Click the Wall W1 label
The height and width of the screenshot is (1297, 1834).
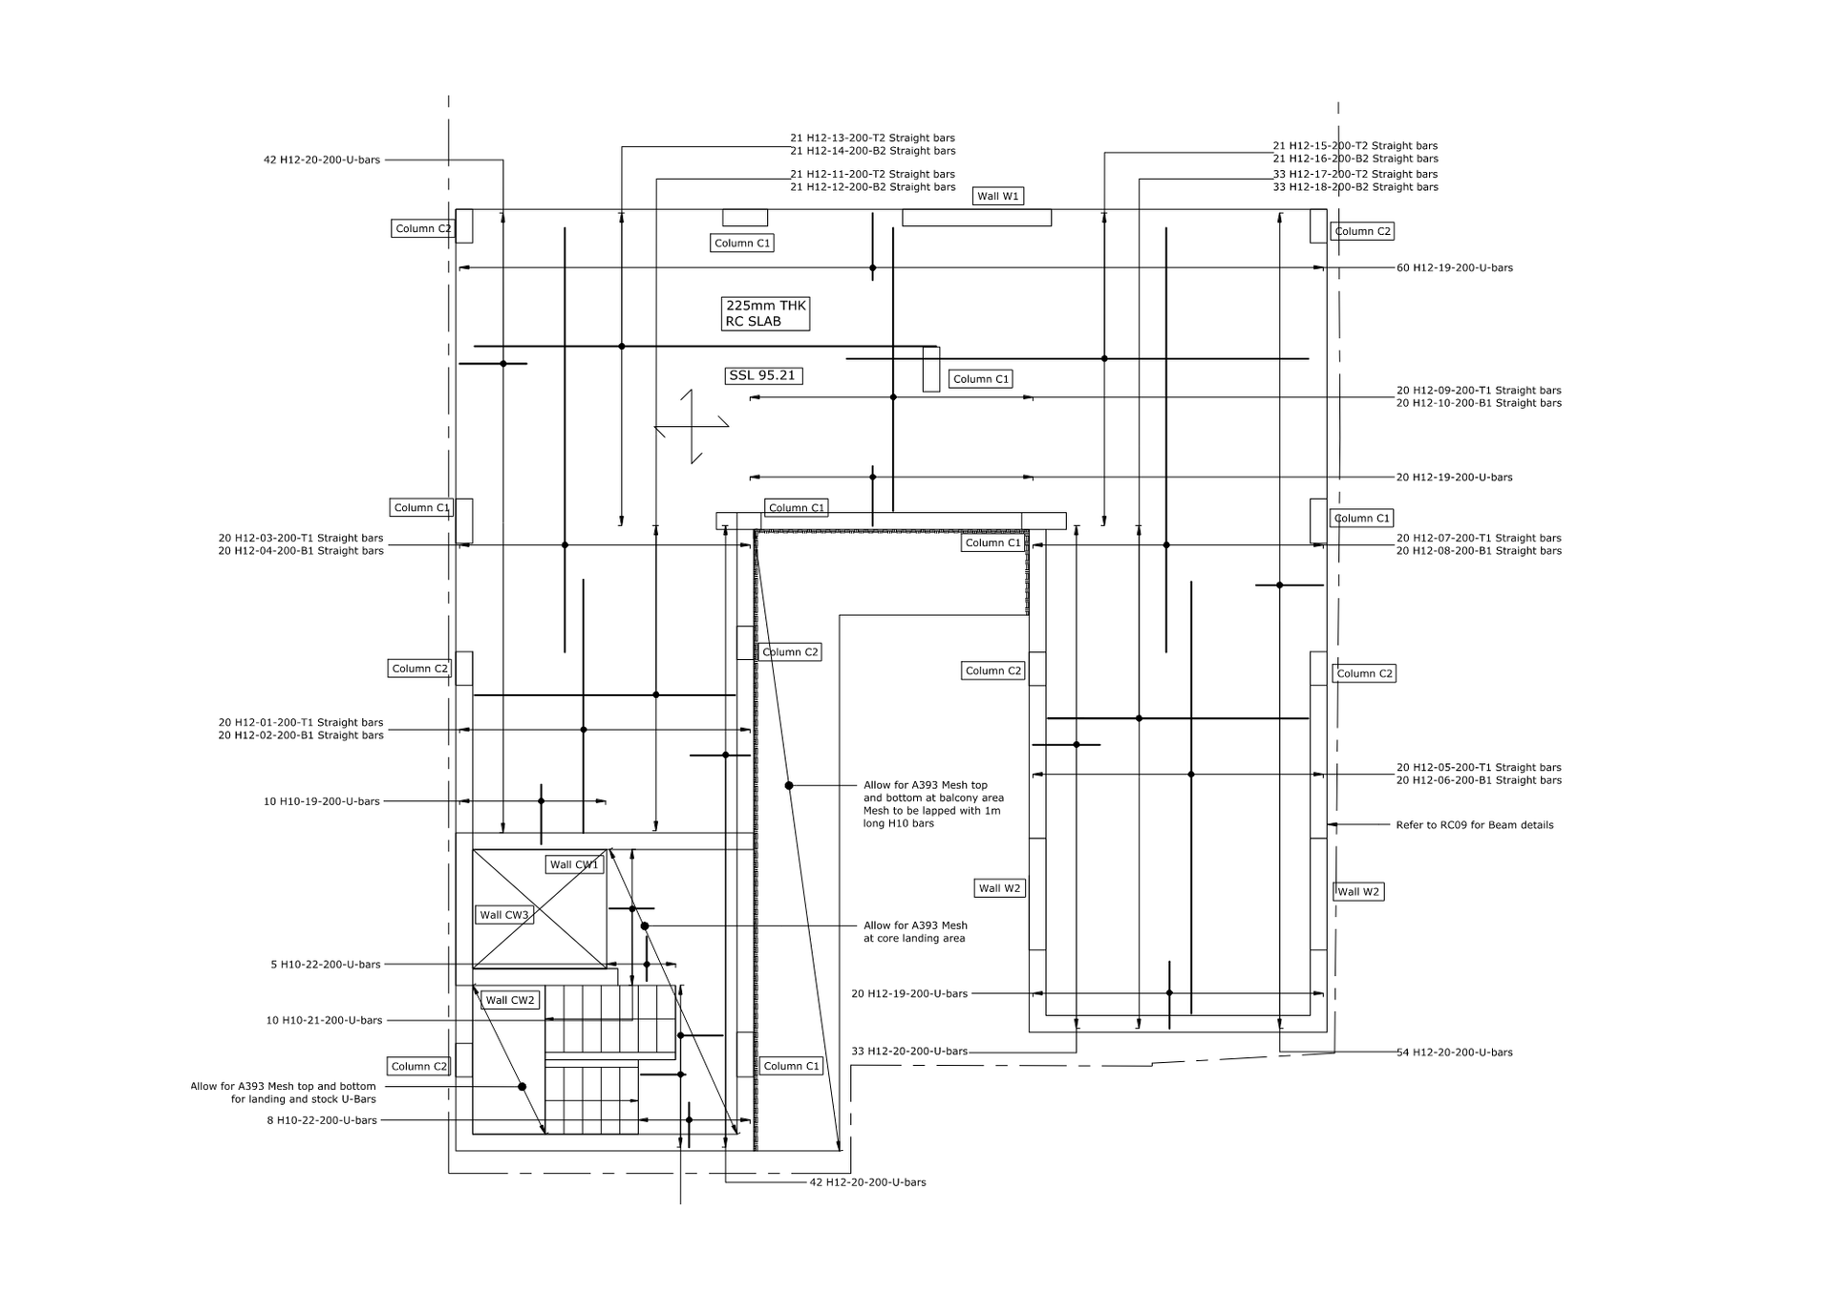click(998, 196)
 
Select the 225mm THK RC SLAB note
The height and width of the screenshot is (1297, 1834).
click(765, 313)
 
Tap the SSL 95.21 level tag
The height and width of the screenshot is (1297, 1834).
click(762, 375)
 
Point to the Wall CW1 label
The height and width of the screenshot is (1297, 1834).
click(574, 864)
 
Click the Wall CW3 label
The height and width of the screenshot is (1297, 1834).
click(504, 915)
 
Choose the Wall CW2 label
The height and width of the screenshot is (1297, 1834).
click(510, 1000)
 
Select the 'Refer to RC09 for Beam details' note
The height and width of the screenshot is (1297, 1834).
click(1474, 825)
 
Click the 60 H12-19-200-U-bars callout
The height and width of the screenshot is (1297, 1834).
click(1455, 268)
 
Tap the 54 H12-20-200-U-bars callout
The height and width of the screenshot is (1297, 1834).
click(1455, 1052)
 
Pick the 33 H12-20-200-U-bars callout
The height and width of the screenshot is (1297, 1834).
click(909, 1052)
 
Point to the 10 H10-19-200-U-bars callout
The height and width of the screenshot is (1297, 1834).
click(322, 801)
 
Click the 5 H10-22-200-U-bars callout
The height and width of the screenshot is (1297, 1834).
click(326, 965)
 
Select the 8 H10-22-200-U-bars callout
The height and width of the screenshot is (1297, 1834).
click(322, 1120)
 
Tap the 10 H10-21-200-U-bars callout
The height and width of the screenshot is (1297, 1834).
click(324, 1020)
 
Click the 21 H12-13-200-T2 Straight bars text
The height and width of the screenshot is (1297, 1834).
click(872, 138)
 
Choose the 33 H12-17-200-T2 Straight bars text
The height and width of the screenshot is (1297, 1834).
click(1355, 174)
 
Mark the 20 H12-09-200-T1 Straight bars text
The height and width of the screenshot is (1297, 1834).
click(1479, 391)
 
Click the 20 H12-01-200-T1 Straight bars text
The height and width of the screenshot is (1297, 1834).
click(301, 723)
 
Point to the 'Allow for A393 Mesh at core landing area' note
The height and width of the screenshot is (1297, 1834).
click(915, 932)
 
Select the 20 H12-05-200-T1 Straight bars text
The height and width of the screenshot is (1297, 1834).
click(1479, 768)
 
